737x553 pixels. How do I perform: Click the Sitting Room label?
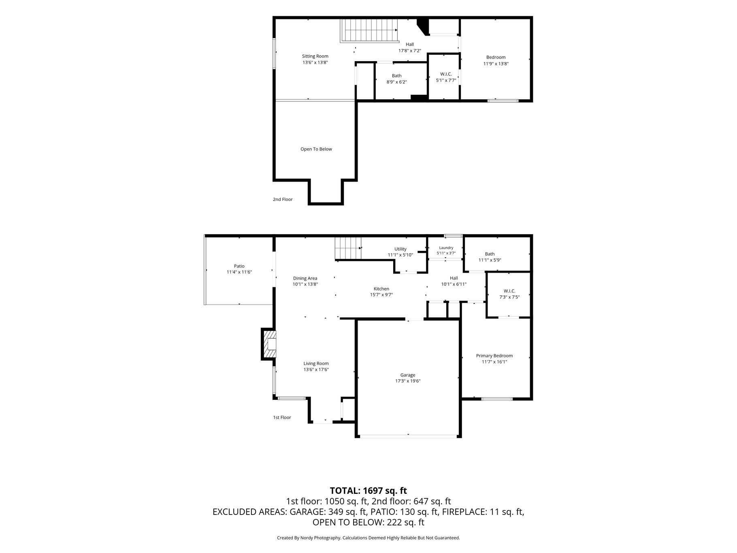pyautogui.click(x=315, y=56)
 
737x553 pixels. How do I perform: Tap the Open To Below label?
pyautogui.click(x=316, y=149)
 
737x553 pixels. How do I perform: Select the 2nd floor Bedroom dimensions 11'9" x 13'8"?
pyautogui.click(x=496, y=64)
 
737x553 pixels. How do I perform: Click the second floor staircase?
pyautogui.click(x=369, y=30)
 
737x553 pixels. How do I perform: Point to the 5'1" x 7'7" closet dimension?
pyautogui.click(x=446, y=80)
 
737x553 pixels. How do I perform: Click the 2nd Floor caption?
pyautogui.click(x=283, y=199)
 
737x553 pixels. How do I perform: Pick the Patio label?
pyautogui.click(x=239, y=266)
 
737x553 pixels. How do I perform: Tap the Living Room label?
pyautogui.click(x=316, y=363)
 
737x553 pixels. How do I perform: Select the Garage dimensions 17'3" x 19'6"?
pyautogui.click(x=408, y=381)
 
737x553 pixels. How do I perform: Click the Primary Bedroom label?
pyautogui.click(x=494, y=356)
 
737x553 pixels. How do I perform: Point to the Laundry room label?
pyautogui.click(x=446, y=248)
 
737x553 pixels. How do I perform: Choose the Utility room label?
pyautogui.click(x=400, y=249)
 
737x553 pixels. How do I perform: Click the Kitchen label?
pyautogui.click(x=381, y=289)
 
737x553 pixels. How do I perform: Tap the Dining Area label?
pyautogui.click(x=305, y=278)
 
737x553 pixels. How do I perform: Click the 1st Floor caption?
pyautogui.click(x=282, y=417)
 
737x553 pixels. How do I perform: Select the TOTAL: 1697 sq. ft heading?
pyautogui.click(x=368, y=491)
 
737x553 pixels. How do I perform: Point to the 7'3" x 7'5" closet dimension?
pyautogui.click(x=509, y=297)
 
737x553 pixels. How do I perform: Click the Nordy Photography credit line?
pyautogui.click(x=368, y=538)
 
